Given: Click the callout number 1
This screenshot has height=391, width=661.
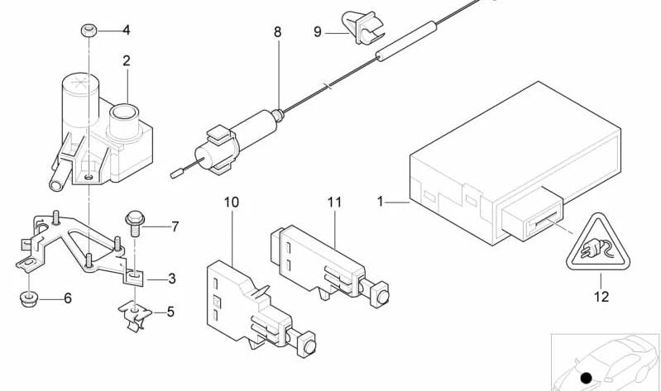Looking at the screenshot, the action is tap(381, 203).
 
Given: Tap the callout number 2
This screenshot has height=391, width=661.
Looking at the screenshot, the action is tap(127, 61).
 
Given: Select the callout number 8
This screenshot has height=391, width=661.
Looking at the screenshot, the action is tap(277, 32).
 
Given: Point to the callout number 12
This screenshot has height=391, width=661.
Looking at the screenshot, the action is tap(601, 297).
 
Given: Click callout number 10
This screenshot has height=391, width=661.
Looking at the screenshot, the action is tap(232, 203).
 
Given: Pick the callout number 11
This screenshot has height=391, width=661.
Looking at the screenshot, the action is tap(334, 203).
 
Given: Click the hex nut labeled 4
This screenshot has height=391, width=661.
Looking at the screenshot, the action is tap(89, 31).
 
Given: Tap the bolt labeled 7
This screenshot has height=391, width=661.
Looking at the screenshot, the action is tap(135, 223).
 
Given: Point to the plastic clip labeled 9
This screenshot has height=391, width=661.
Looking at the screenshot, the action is tap(363, 28).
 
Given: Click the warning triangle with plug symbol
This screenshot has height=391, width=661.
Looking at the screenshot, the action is tap(598, 242).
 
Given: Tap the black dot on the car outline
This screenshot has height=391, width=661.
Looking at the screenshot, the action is tap(586, 378).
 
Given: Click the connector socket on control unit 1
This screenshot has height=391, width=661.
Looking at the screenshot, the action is tap(532, 214).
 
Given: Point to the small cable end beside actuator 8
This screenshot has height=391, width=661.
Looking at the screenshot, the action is tap(176, 173).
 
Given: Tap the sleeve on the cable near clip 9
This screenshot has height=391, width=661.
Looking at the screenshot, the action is tap(406, 41).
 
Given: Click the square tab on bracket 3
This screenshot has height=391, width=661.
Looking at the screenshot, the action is tap(135, 276).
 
